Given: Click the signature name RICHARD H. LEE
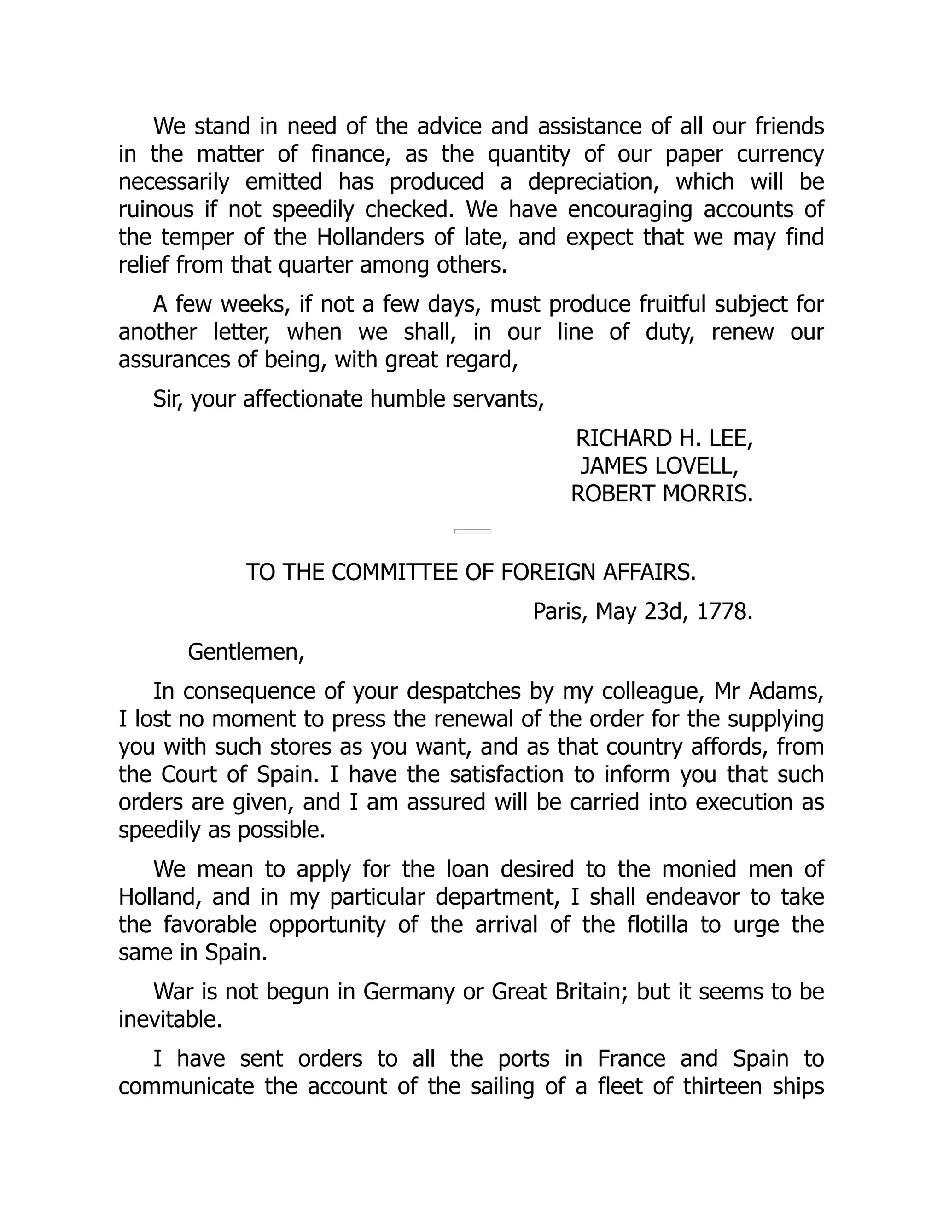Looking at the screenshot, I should tap(664, 438).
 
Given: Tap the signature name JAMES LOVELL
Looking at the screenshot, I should tap(659, 466).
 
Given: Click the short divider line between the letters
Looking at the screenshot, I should tap(472, 531).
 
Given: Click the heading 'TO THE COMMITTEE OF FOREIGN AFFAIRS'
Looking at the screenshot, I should tap(471, 572).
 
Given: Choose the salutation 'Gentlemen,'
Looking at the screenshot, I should tap(246, 652).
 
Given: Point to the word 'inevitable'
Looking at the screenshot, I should tap(170, 1019).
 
